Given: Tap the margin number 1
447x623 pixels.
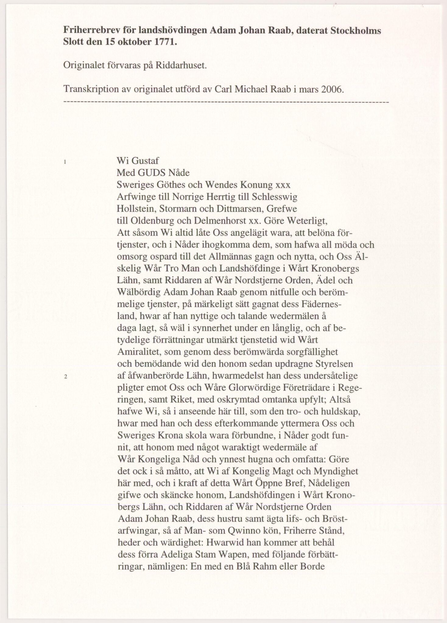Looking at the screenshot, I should tap(65, 162).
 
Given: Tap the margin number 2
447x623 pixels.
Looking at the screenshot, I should tap(66, 377).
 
